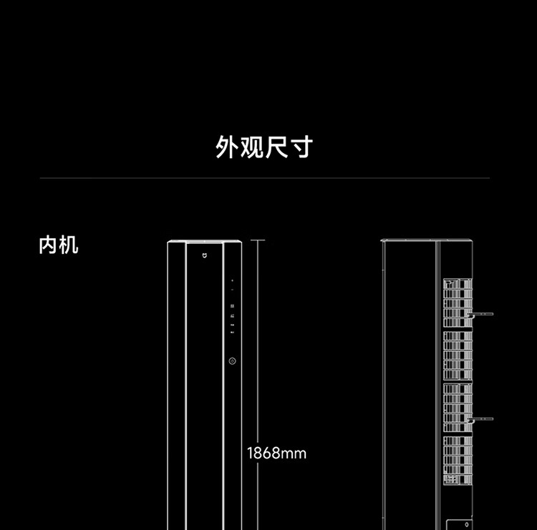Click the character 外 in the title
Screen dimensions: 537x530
(x=227, y=147)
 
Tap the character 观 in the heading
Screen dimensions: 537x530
(x=252, y=147)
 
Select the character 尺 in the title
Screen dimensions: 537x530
(x=276, y=147)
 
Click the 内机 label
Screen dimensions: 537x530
(x=59, y=245)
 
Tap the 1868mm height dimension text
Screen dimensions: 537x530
(x=276, y=453)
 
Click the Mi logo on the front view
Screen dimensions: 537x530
(x=205, y=255)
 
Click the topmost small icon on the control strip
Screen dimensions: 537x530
(x=232, y=280)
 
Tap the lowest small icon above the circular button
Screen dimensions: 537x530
(x=232, y=333)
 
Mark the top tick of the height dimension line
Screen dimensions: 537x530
(x=258, y=240)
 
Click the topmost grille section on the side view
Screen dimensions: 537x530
(x=458, y=303)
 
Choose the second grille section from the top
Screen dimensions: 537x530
(x=458, y=355)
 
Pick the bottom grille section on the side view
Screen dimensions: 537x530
(x=458, y=460)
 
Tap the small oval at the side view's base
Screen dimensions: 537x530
(x=466, y=524)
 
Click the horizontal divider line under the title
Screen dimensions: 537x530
(x=265, y=178)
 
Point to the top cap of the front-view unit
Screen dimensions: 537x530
(x=205, y=242)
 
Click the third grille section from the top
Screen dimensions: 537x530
(x=458, y=408)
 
